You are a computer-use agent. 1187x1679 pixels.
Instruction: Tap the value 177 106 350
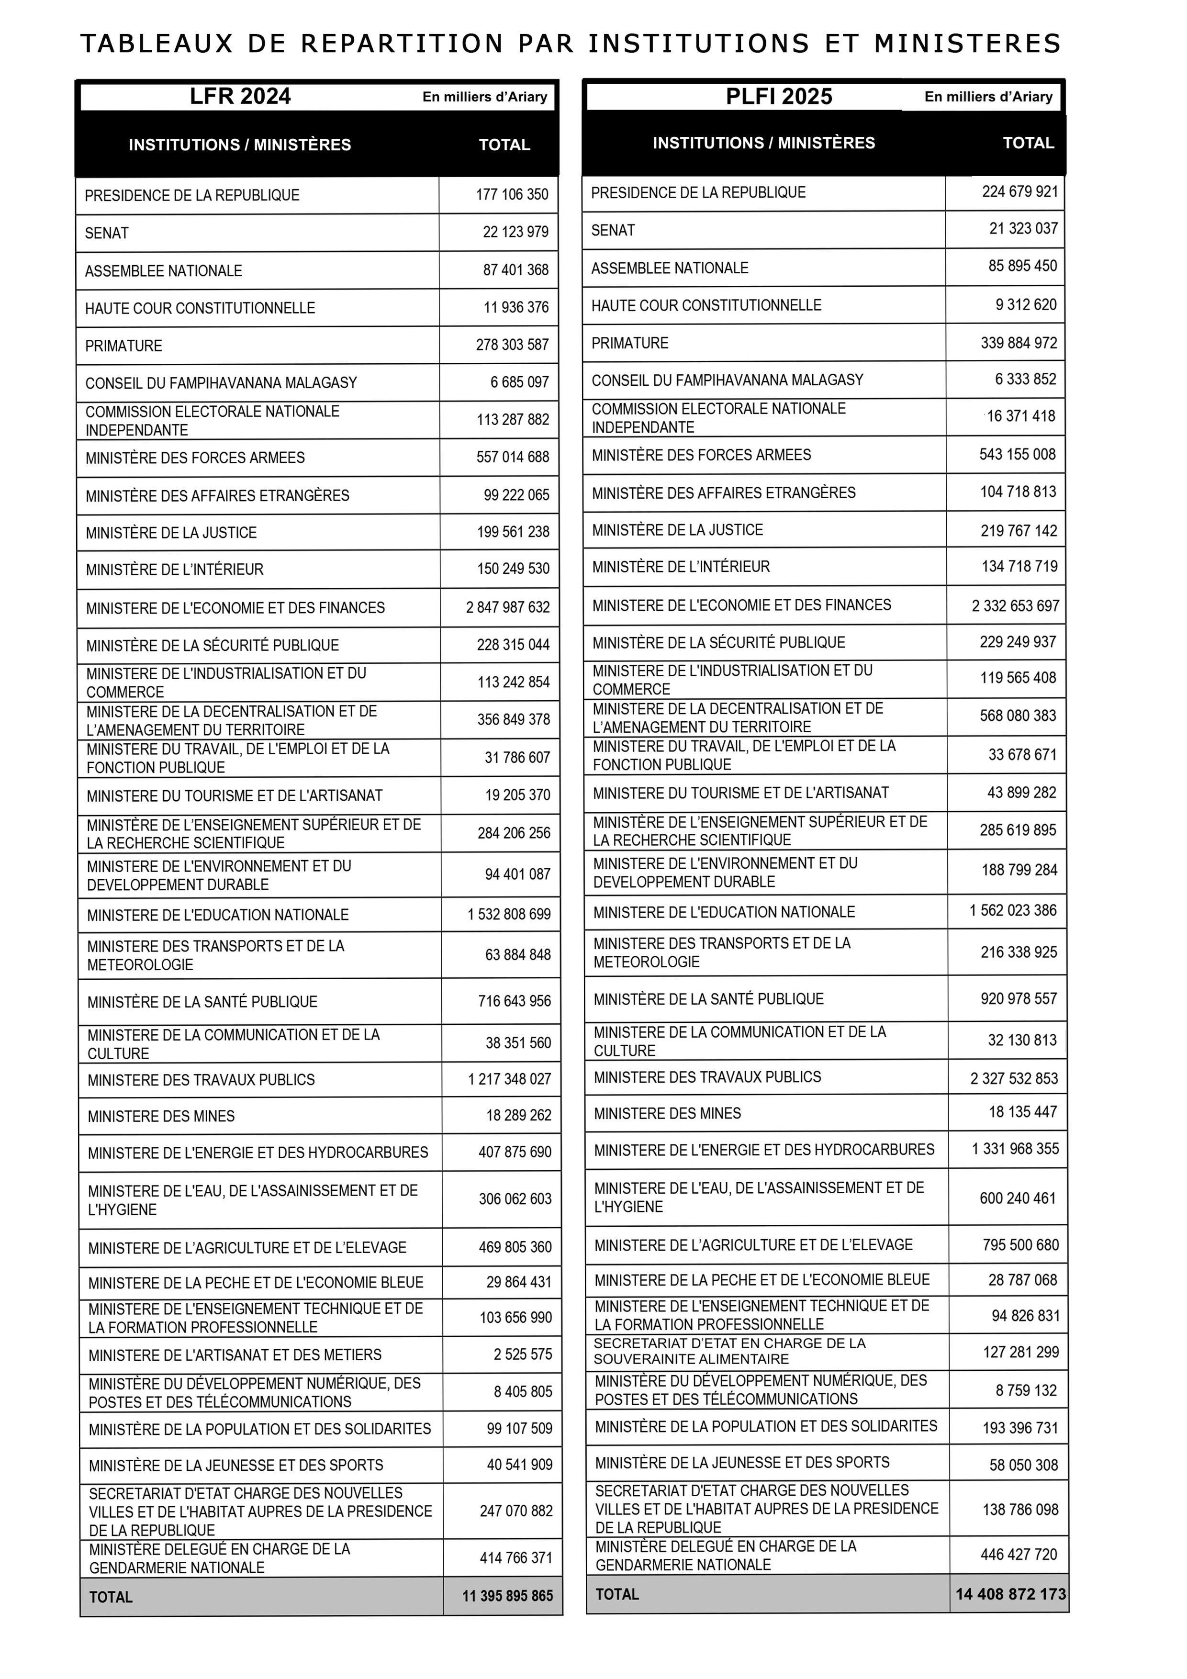coord(512,194)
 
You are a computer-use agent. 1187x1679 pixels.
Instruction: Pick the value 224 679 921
coord(1019,191)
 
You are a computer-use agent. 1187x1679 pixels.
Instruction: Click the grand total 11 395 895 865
coord(507,1596)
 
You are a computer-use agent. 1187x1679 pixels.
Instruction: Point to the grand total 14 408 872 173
coord(1011,1593)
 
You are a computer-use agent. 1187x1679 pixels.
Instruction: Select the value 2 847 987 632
coord(507,607)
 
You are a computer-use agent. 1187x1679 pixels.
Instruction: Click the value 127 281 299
coord(1020,1352)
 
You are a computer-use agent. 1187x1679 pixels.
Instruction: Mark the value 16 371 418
coord(1021,416)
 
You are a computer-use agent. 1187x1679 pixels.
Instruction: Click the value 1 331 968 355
coord(1015,1149)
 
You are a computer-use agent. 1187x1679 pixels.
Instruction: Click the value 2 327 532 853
coord(1014,1078)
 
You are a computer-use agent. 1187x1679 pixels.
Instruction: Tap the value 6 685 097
coord(519,382)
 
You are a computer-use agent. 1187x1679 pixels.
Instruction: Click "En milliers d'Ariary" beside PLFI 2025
coord(988,97)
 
